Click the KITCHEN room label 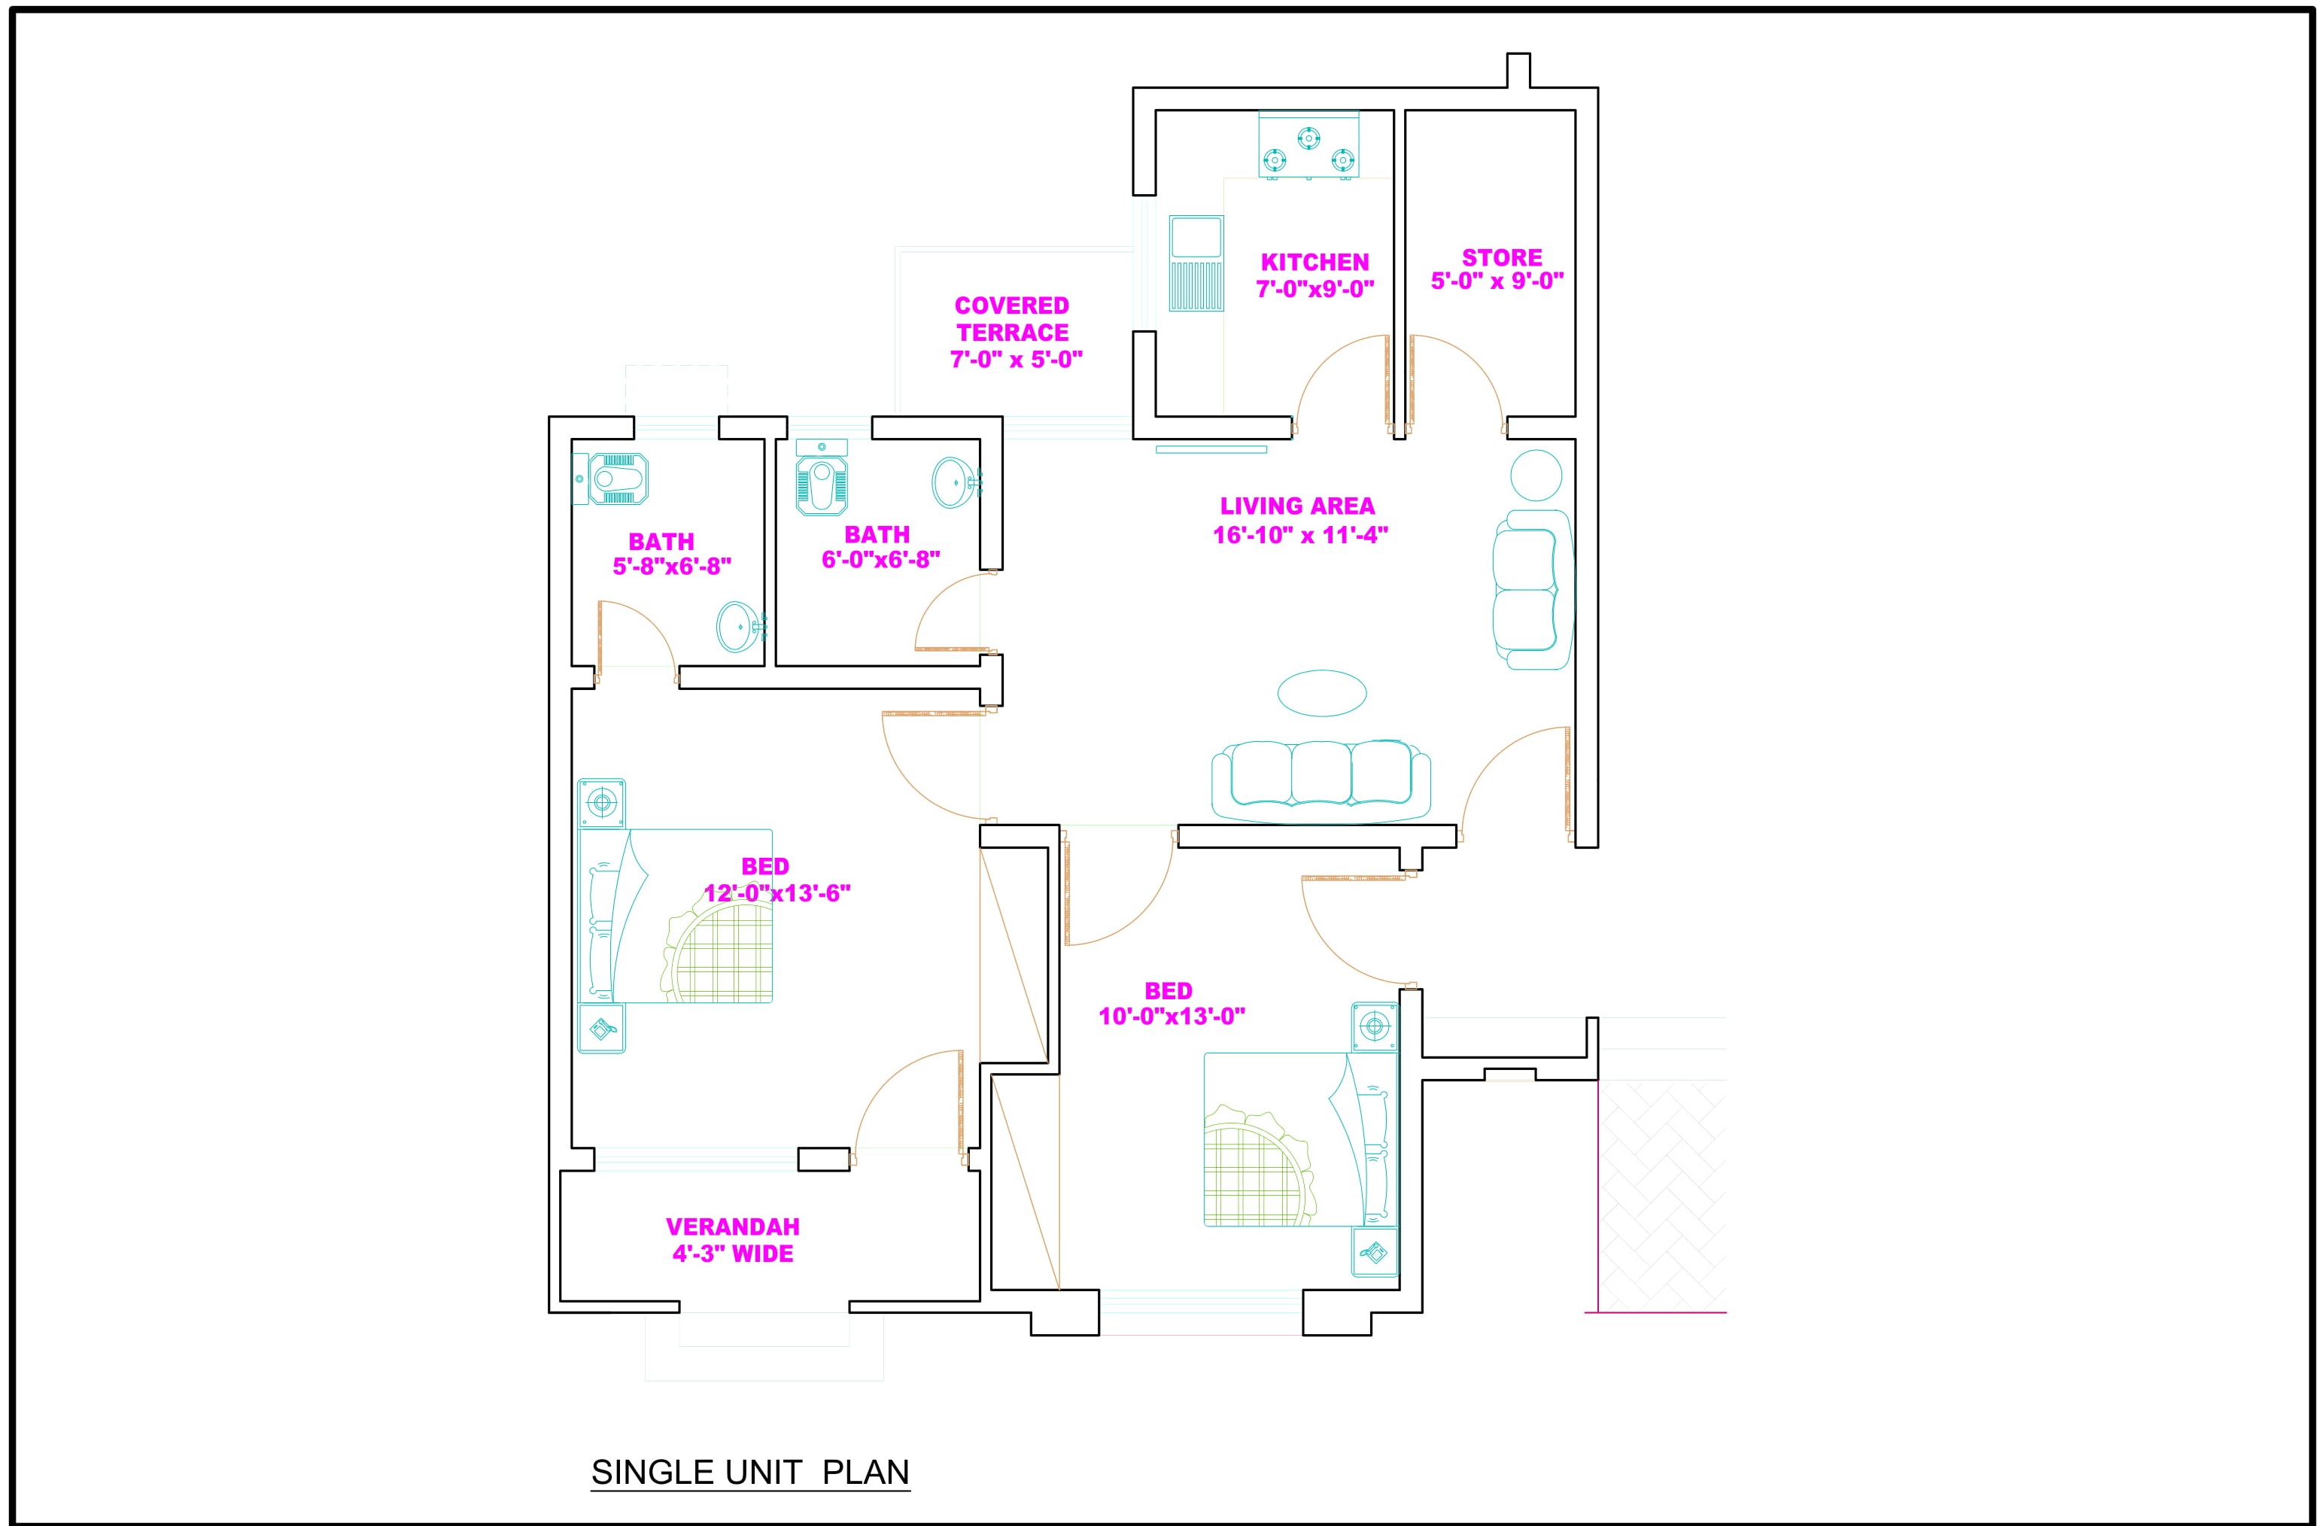click(1315, 262)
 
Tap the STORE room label click(1502, 257)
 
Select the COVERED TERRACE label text click(1012, 318)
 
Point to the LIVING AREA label click(1297, 506)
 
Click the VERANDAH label click(733, 1226)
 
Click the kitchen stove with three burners click(1308, 146)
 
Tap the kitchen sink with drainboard click(1196, 263)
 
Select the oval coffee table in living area click(1321, 693)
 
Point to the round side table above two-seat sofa click(1536, 476)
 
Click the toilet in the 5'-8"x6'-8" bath click(611, 479)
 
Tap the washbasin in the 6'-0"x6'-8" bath click(956, 482)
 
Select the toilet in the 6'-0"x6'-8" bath click(822, 478)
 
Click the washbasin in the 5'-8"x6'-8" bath click(740, 625)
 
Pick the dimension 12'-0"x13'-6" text click(777, 892)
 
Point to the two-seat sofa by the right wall click(1533, 589)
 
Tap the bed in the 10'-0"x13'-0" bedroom click(1301, 1138)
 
